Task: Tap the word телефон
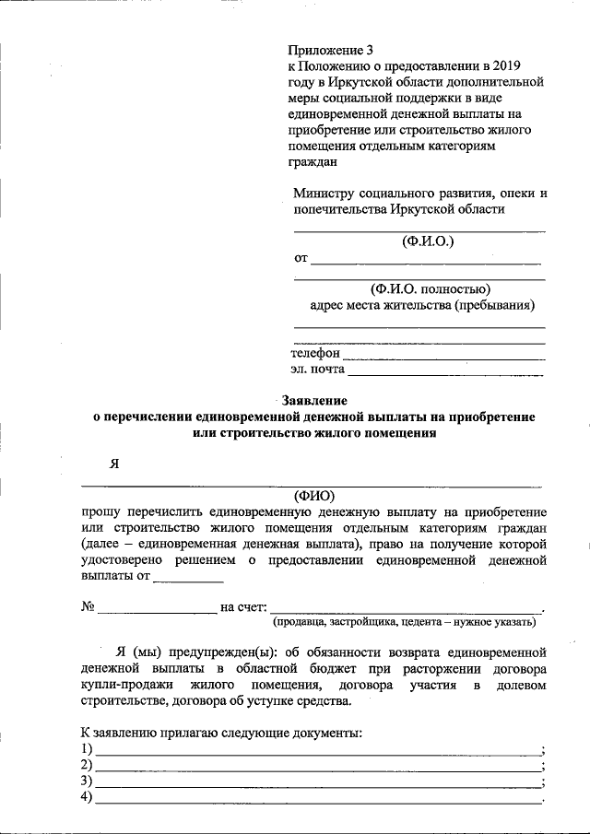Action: [x=315, y=353]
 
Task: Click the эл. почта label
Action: [x=318, y=370]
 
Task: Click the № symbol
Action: [x=88, y=607]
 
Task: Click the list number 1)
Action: [x=87, y=748]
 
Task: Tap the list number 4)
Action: [x=87, y=798]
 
